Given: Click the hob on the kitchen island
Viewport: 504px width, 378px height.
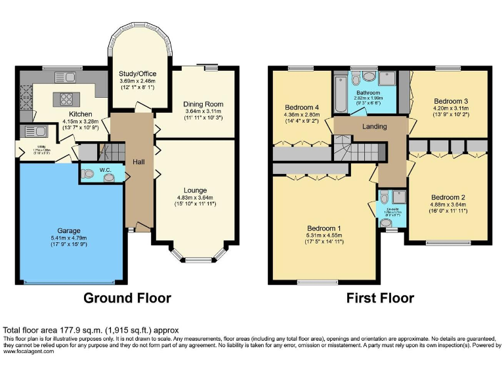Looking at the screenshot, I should tap(67, 99).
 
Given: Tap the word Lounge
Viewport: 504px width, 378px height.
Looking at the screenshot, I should tap(190, 190).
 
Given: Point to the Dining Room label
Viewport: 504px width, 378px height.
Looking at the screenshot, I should tap(203, 104).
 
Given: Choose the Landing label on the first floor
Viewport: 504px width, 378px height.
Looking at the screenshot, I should tap(374, 127).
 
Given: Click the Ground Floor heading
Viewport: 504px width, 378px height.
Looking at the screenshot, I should tap(127, 298).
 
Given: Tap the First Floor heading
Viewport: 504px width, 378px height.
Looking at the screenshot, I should tap(380, 298).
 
